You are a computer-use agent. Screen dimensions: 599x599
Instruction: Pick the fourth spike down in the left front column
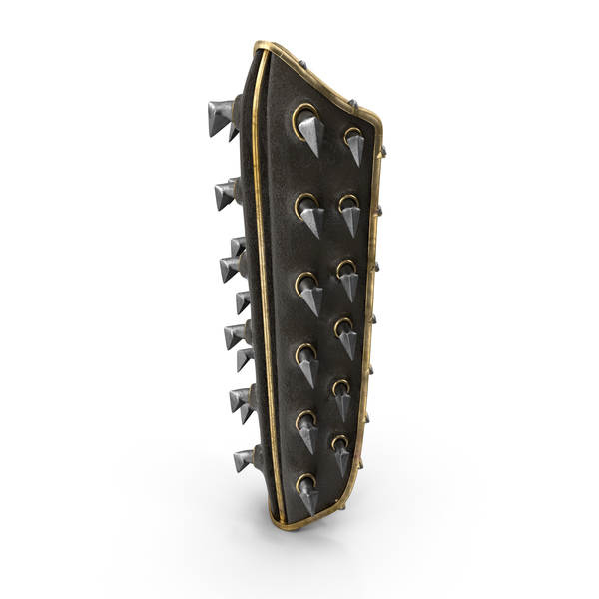307,363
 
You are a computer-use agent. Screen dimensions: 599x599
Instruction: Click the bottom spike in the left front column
307,494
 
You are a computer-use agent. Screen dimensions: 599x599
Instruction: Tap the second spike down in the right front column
349,213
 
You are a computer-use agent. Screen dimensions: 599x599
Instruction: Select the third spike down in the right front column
346,279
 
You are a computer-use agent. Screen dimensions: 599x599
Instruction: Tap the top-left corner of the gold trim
259,47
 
